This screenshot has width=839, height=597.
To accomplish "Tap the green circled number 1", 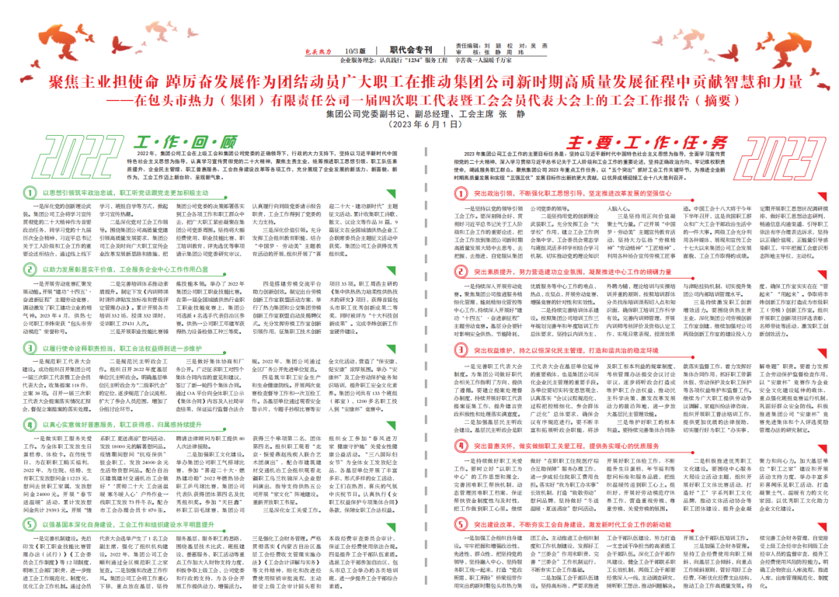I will (29, 192).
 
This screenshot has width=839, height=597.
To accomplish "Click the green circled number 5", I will (29, 502).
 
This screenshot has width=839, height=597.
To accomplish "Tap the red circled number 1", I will (459, 192).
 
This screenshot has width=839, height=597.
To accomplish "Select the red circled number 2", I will (459, 272).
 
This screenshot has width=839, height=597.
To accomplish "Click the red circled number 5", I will (459, 525).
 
